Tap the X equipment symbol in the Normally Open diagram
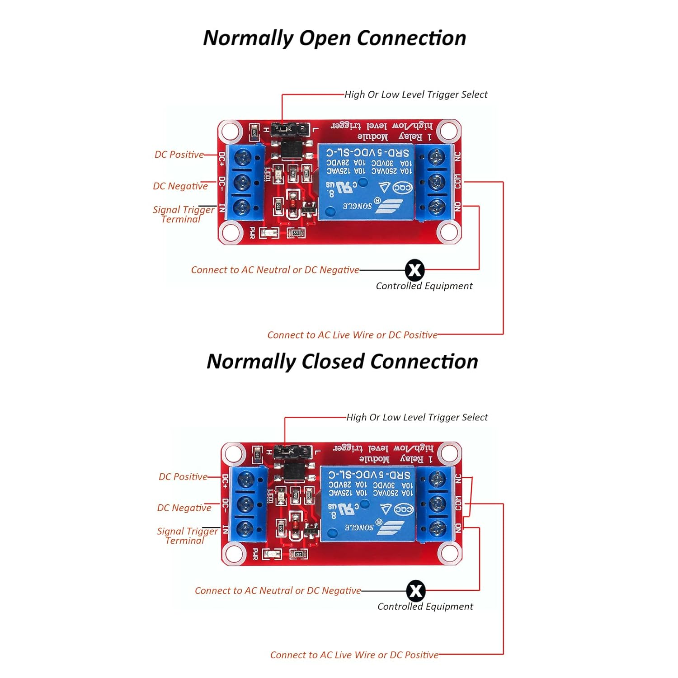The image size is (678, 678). (x=414, y=270)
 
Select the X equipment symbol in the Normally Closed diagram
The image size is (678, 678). (x=416, y=591)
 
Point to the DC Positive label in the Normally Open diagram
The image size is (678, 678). (x=179, y=155)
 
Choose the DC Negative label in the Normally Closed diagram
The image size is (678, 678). (x=184, y=508)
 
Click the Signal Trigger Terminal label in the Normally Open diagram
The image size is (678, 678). (x=183, y=214)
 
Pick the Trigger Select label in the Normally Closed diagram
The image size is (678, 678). (x=417, y=417)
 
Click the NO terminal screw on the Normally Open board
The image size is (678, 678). (x=436, y=207)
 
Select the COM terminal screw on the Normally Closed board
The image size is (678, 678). (x=437, y=503)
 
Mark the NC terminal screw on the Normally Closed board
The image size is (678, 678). (x=437, y=479)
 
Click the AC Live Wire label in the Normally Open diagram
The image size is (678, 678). (x=352, y=335)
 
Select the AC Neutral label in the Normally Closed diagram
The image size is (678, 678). (x=278, y=591)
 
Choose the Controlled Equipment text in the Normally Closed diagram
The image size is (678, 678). (x=425, y=607)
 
